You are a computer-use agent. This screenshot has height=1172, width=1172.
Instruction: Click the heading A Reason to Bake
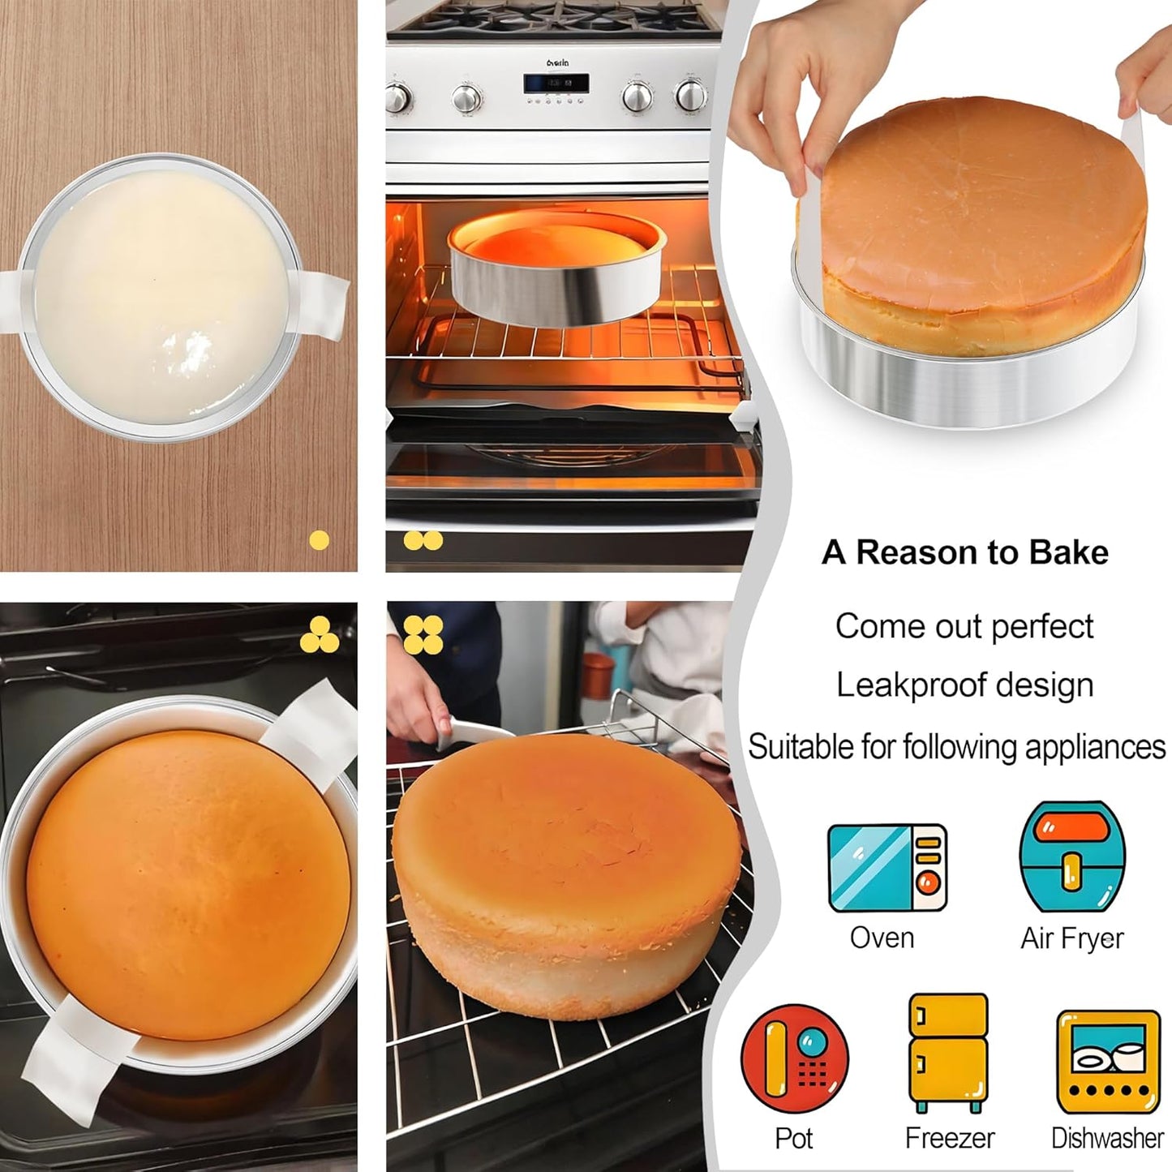[964, 552]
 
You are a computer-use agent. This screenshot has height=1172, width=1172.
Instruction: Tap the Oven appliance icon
[887, 868]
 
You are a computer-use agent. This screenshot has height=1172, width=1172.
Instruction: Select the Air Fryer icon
[1071, 858]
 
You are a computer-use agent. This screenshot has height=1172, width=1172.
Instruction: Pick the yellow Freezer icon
[947, 1052]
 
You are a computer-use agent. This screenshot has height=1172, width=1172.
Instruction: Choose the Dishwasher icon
[1108, 1062]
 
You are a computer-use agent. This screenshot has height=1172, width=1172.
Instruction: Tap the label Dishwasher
[1107, 1138]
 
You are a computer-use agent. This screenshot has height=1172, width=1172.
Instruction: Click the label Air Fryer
[1071, 938]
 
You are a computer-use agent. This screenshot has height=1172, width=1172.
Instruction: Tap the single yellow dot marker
[320, 540]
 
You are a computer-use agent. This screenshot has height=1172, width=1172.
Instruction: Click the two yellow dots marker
[423, 540]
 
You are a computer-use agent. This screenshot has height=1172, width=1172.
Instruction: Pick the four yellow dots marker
[423, 634]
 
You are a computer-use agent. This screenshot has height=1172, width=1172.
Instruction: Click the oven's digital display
[556, 84]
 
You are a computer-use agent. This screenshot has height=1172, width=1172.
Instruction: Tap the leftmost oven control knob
[397, 99]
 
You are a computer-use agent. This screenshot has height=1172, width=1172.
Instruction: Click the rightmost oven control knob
[690, 96]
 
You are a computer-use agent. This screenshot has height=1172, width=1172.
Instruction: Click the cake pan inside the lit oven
[557, 271]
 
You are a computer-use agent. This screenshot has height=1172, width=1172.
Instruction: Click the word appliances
[1095, 747]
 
